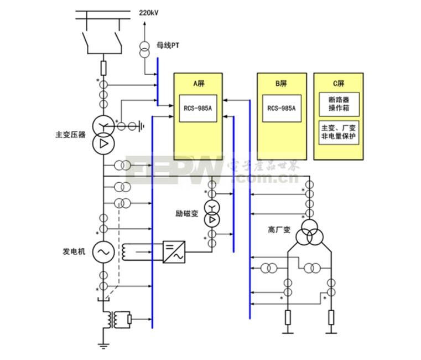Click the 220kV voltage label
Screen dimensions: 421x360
tap(148, 13)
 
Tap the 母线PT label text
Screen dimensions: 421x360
tap(168, 45)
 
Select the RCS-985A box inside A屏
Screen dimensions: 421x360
tap(198, 109)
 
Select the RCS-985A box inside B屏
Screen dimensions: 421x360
tap(282, 109)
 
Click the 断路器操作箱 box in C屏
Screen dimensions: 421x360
tap(339, 104)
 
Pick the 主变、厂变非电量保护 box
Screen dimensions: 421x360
tap(339, 132)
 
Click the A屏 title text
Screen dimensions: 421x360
tap(199, 83)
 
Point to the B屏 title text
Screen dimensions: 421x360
tap(282, 83)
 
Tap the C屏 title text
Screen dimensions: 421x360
tap(339, 83)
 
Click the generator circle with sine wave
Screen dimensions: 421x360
tap(103, 252)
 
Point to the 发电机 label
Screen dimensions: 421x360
tap(74, 251)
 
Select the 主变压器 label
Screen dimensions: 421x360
tap(70, 135)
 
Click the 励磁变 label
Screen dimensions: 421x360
tap(187, 213)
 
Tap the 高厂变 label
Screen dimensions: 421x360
tap(279, 230)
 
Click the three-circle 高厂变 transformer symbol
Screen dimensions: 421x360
tap(310, 233)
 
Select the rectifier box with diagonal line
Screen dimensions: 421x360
tap(174, 252)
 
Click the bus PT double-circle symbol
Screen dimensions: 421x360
tap(144, 49)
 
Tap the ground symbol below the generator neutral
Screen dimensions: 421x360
tap(103, 346)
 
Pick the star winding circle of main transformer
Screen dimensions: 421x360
tap(103, 126)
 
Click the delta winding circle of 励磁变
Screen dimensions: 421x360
tap(212, 220)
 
